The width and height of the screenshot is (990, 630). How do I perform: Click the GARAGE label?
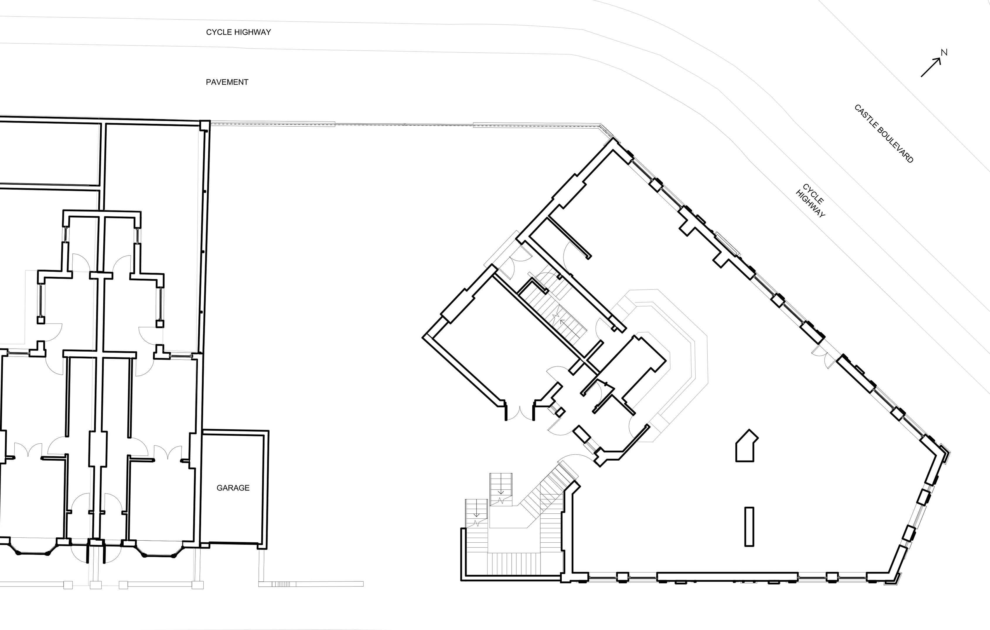[x=233, y=488]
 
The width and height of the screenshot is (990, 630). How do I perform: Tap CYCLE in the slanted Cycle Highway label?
[x=813, y=194]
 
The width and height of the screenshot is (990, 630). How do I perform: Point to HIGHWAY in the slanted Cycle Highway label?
[x=810, y=204]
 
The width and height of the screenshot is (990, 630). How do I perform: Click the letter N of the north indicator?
[x=944, y=53]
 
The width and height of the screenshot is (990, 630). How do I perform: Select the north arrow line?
[x=931, y=67]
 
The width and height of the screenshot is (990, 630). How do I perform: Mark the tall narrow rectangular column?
[x=749, y=526]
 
